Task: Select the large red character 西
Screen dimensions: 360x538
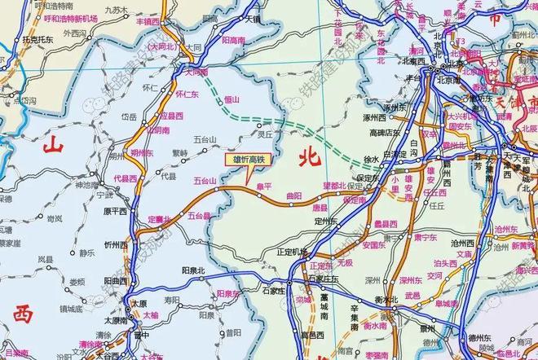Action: click(22, 313)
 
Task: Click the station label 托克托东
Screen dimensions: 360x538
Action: click(39, 38)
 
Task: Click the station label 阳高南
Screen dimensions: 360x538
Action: click(234, 38)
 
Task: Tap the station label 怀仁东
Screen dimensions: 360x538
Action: click(187, 94)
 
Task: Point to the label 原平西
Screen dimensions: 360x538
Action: click(115, 211)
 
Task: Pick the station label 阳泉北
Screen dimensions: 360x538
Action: click(192, 269)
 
